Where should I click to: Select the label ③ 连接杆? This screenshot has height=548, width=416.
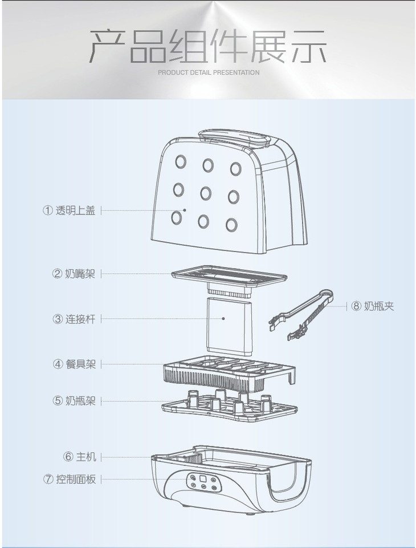(x=74, y=319)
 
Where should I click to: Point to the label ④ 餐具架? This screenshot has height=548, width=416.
(x=74, y=364)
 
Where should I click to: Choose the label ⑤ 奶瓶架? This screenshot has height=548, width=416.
(x=74, y=400)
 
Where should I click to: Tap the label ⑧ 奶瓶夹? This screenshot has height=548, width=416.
(x=373, y=307)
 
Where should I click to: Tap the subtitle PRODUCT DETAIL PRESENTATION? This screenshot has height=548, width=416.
(x=208, y=72)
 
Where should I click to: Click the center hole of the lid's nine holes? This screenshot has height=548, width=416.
(x=205, y=193)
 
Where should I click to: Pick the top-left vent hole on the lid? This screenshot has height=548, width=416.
(x=181, y=161)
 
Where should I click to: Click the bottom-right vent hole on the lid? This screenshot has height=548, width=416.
(x=231, y=224)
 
